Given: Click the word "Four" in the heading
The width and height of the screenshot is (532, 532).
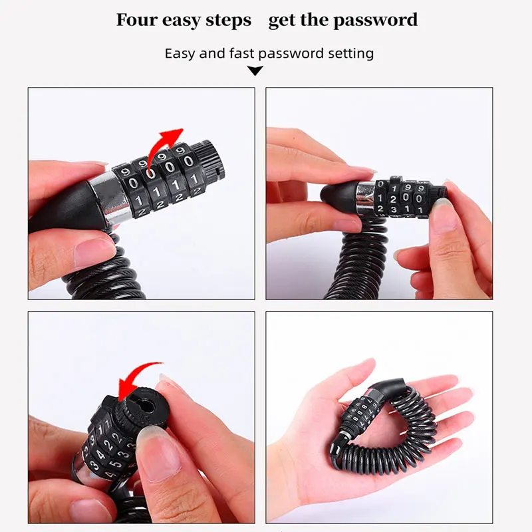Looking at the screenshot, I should (138, 20).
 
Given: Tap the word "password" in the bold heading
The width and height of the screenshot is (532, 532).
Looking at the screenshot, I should (375, 20).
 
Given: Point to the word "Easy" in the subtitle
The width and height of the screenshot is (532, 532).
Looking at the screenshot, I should (180, 53).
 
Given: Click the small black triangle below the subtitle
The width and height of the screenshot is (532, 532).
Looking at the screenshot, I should (255, 70).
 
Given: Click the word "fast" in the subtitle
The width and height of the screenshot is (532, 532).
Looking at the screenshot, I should (242, 53).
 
